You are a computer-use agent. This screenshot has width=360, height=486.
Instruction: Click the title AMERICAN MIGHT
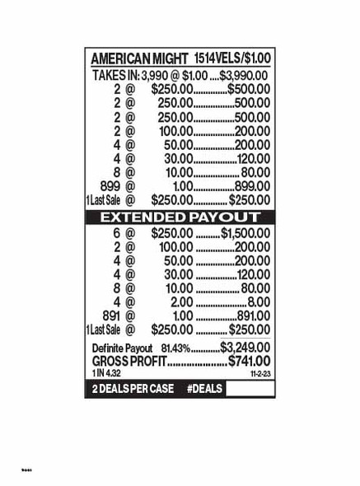(139, 59)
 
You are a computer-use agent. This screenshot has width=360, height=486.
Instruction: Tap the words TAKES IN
(115, 76)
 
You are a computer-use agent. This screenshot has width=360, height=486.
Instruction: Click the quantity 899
(110, 186)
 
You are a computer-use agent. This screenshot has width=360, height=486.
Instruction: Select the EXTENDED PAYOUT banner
(180, 217)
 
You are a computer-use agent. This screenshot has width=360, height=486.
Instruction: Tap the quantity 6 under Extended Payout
(117, 233)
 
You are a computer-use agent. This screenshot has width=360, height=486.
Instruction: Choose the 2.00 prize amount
(181, 301)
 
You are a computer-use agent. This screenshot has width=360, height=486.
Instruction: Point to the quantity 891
(110, 315)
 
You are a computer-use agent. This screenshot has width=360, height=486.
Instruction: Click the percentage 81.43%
(175, 348)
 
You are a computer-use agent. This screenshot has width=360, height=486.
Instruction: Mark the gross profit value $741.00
(249, 362)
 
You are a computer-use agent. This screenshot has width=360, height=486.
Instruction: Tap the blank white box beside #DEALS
(250, 388)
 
